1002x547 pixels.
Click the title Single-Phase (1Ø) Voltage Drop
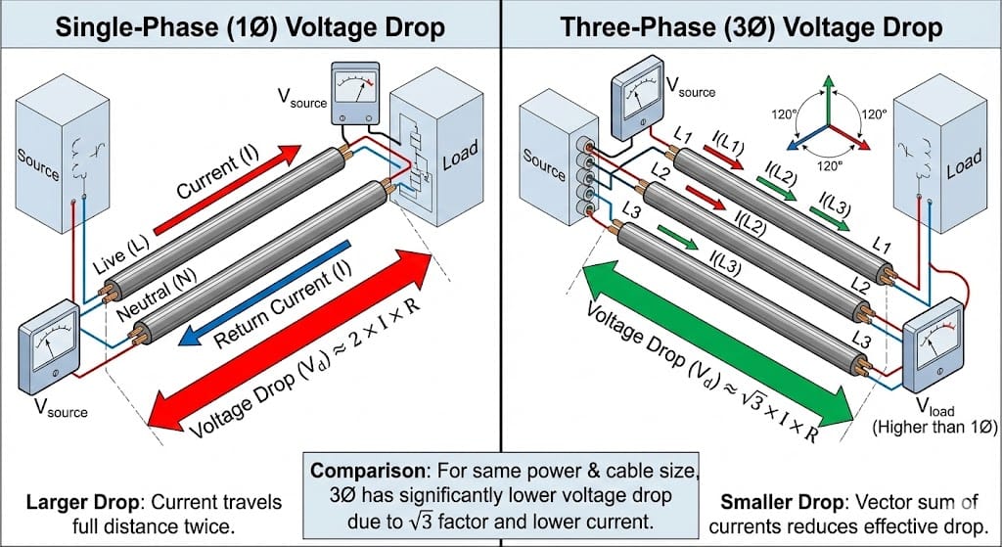click(250, 25)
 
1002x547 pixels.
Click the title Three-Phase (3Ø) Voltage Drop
click(751, 25)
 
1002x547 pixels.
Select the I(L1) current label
click(723, 148)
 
